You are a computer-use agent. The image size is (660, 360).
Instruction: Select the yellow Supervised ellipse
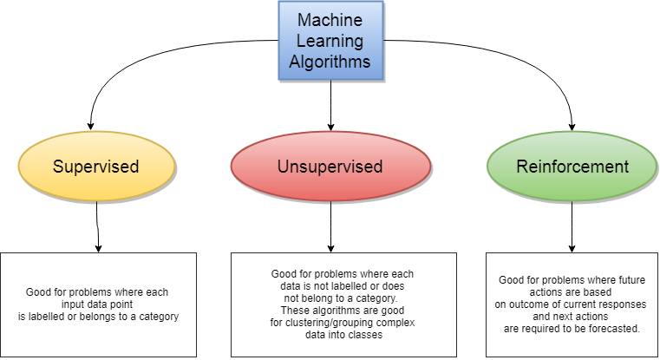click(x=96, y=166)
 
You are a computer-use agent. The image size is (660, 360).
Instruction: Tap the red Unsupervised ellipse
click(x=331, y=166)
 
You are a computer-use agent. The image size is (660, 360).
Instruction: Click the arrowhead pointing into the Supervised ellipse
click(x=93, y=125)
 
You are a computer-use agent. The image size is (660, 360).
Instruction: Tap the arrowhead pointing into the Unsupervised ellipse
click(x=331, y=125)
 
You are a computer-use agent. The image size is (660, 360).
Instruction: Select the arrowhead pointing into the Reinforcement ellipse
click(x=571, y=125)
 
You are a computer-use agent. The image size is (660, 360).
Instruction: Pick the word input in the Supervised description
click(x=66, y=304)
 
